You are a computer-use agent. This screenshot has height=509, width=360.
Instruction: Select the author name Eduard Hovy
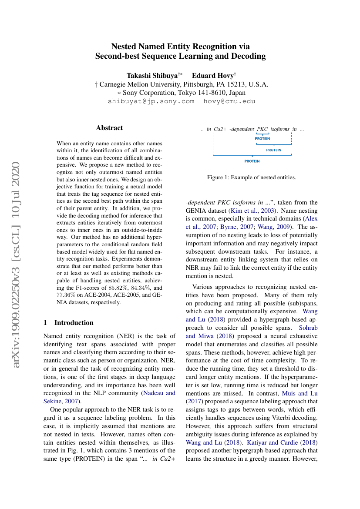coord(213,75)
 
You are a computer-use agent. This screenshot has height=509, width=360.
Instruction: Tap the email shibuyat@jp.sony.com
coord(151,101)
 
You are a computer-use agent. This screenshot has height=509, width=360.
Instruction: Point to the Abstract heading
coord(109,128)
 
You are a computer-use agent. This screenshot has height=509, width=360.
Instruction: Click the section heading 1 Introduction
coord(69,323)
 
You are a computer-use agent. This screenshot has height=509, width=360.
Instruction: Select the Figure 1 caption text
coord(252,177)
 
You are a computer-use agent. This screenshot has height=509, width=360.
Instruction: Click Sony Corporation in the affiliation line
coord(148,93)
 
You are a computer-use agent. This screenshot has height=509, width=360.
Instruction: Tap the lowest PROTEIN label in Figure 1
coord(252,161)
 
